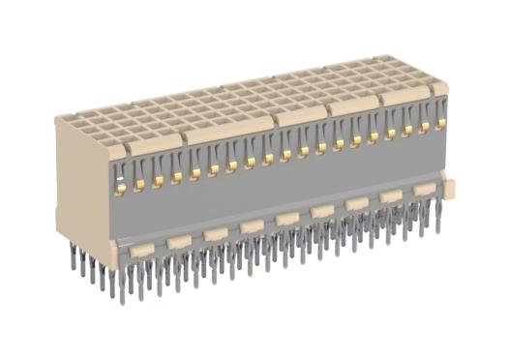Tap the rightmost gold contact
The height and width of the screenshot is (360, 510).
click(440, 123)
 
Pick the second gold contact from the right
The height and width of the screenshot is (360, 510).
click(424, 126)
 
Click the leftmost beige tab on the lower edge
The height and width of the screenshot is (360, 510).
click(141, 251)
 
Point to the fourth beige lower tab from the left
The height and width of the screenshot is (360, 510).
click(252, 226)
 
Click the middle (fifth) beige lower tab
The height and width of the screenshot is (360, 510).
click(287, 219)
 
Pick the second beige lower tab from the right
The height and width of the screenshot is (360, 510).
click(391, 196)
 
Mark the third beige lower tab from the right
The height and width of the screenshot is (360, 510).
click(357, 203)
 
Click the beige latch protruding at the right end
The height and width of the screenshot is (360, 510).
click(448, 181)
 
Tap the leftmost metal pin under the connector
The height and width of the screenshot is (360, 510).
click(73, 259)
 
